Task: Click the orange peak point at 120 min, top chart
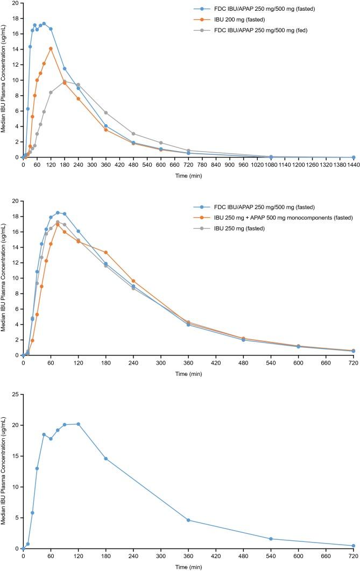51,48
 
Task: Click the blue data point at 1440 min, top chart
354,157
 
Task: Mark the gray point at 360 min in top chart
106,112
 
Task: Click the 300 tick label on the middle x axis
161,363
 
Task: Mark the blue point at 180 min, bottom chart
106,459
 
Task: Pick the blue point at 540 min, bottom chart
271,539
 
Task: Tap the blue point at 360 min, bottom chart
188,520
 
